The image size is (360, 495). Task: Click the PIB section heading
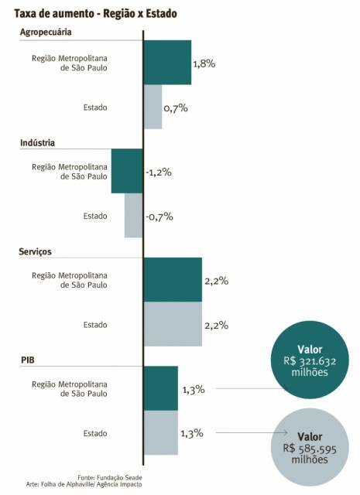coord(29,360)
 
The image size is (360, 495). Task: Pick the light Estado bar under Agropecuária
coord(153,107)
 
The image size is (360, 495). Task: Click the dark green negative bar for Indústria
coord(127,171)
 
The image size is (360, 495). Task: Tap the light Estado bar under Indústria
coord(134,216)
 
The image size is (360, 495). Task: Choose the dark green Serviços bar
coord(172,280)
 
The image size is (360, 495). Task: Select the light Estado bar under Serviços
coord(172,325)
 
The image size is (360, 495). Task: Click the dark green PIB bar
coord(160,388)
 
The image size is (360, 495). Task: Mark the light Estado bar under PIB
coord(160,433)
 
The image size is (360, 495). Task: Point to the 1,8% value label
coord(204,63)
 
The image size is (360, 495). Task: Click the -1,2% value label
coord(159,172)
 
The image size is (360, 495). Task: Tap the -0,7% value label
coord(159,217)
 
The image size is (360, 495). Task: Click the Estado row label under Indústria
coord(95,217)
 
